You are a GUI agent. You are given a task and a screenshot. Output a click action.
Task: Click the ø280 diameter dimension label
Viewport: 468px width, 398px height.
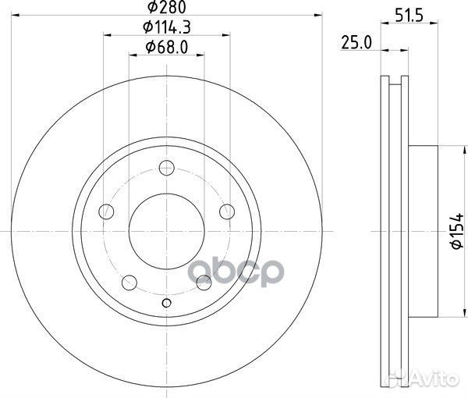[167, 9]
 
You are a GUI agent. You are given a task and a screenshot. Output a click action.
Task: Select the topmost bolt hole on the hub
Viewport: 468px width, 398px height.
[165, 166]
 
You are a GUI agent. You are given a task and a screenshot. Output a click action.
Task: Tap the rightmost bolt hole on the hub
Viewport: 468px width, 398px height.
[226, 211]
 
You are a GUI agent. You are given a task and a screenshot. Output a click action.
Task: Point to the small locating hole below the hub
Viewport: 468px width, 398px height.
[165, 304]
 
